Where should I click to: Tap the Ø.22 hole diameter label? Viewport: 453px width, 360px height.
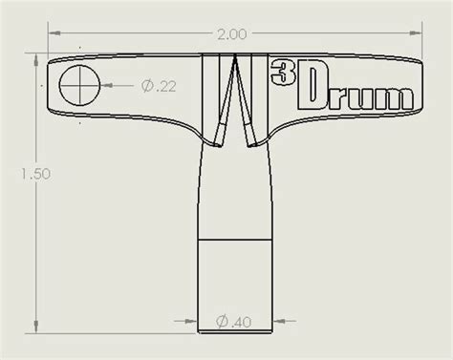[159, 86]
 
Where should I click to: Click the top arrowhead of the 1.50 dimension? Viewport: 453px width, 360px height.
[36, 63]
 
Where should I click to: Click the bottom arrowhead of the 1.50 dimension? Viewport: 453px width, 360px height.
[36, 329]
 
